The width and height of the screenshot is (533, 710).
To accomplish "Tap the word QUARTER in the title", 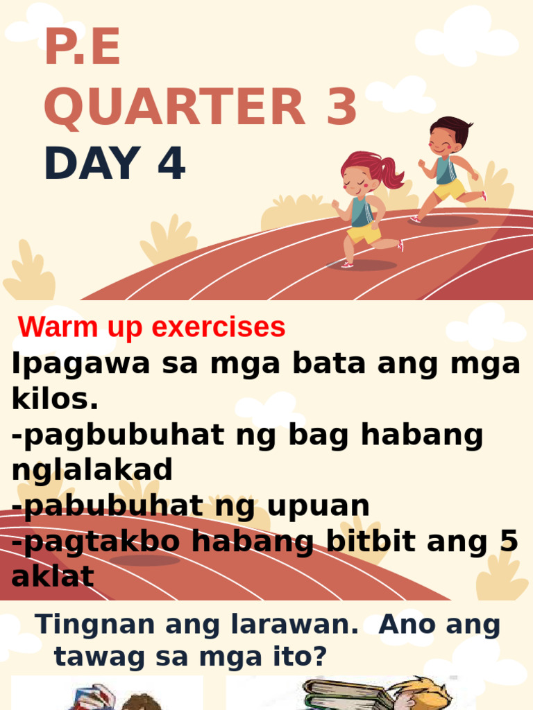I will click(174, 109).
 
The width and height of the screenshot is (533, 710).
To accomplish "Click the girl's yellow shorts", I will click(364, 233).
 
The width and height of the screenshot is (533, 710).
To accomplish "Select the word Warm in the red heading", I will click(50, 327).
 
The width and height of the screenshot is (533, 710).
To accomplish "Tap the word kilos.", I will click(55, 399).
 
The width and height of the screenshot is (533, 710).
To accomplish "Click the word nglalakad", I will click(92, 470).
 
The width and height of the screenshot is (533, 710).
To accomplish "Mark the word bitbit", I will click(375, 542).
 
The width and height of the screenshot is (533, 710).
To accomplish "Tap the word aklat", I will click(52, 577).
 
